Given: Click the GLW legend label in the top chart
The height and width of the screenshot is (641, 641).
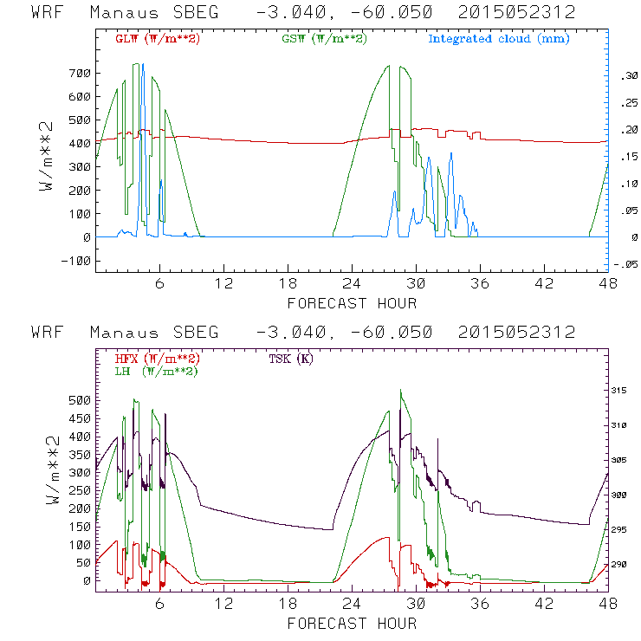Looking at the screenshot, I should point(157,38).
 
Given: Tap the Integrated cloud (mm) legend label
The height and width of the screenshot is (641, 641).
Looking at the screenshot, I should point(498,38).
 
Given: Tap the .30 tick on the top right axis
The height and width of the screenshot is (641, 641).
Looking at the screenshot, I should point(628,76).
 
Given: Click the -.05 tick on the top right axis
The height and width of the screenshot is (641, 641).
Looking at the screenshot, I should point(626,265).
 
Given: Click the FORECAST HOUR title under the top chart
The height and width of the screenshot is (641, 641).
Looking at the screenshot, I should point(352,303).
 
